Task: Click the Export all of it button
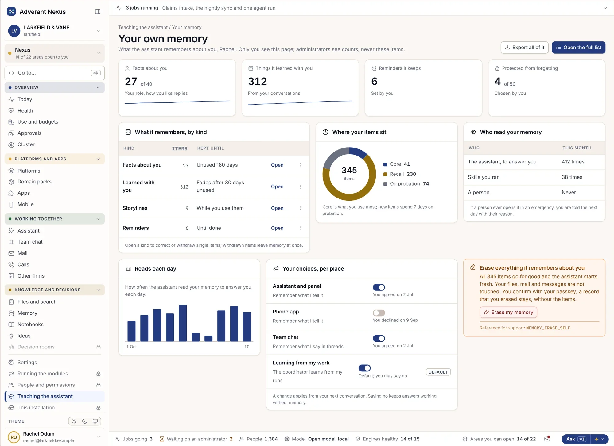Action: tap(524, 48)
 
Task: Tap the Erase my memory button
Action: tap(508, 312)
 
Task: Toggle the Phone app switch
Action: tap(379, 313)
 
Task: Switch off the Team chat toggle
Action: tap(379, 338)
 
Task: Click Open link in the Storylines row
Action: tap(277, 208)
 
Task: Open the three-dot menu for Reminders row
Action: tap(301, 228)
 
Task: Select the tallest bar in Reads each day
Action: tap(183, 323)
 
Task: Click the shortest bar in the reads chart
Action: tap(208, 339)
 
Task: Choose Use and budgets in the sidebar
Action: tap(38, 122)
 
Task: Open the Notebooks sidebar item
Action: tap(30, 325)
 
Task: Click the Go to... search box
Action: tap(55, 73)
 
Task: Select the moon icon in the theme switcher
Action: tap(85, 421)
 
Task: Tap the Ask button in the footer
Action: tap(576, 439)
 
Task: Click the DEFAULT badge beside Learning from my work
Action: tap(438, 372)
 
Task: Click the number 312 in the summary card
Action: tap(257, 81)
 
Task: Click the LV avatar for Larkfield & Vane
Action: tap(14, 31)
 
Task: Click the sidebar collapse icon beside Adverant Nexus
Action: tap(98, 12)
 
